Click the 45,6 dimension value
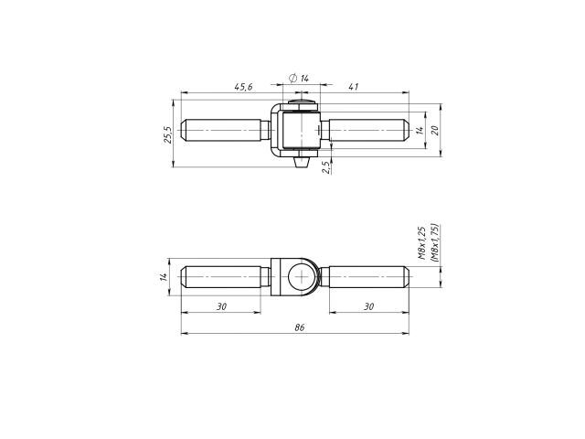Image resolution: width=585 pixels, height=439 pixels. pos(242,87)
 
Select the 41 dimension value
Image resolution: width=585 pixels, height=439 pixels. pos(353,87)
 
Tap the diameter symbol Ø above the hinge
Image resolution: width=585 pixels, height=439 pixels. pos(292,79)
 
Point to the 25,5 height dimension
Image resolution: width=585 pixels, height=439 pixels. pos(167,134)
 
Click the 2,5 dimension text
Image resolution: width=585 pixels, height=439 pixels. pos(325,166)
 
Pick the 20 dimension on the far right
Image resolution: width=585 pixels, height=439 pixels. pos(436,130)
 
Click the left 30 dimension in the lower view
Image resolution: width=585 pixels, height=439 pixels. pos(222,306)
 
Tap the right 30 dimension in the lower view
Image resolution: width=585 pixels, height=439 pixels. pos(368,306)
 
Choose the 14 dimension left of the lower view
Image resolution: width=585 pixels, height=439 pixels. pos(164,277)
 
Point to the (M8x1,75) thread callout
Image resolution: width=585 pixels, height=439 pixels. pos(434,243)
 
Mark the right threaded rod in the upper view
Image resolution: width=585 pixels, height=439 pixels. pos(366,131)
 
